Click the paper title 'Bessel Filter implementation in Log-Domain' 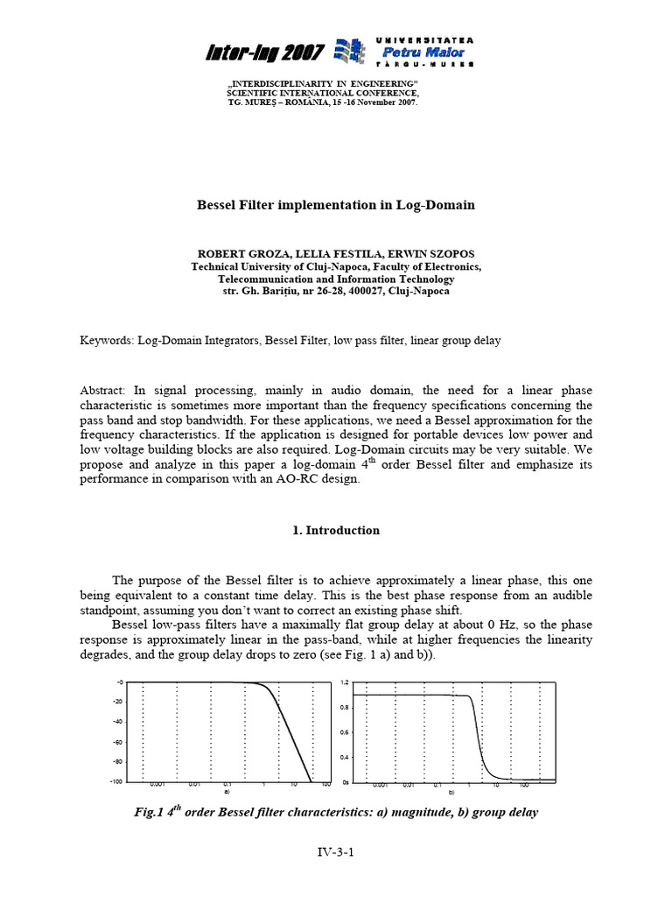tap(335, 205)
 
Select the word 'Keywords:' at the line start tap(106, 341)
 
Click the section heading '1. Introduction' tap(335, 530)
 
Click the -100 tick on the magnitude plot tap(115, 781)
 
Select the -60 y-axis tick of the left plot tap(117, 741)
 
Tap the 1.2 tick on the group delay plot tap(345, 682)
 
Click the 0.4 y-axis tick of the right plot tap(345, 757)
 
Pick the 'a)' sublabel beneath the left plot tap(227, 791)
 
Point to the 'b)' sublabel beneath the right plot tap(452, 791)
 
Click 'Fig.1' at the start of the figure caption tap(150, 812)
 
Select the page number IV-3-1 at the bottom tap(335, 851)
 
